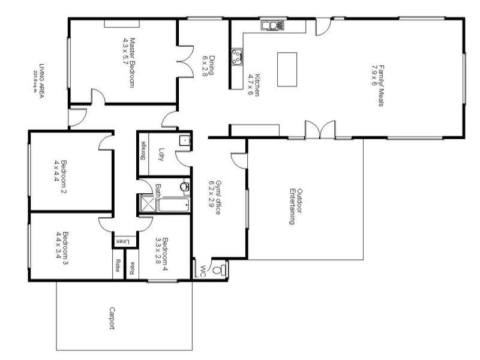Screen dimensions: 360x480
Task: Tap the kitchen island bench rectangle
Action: pos(287,69)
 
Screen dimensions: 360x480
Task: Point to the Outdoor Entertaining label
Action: pos(293,207)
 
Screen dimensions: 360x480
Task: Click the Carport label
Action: pos(112,319)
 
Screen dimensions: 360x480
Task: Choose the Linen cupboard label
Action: pos(122,241)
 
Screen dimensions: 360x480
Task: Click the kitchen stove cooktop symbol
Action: pos(238,56)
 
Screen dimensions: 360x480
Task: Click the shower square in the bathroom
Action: pos(146,205)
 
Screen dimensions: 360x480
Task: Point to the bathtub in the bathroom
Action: pos(174,205)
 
